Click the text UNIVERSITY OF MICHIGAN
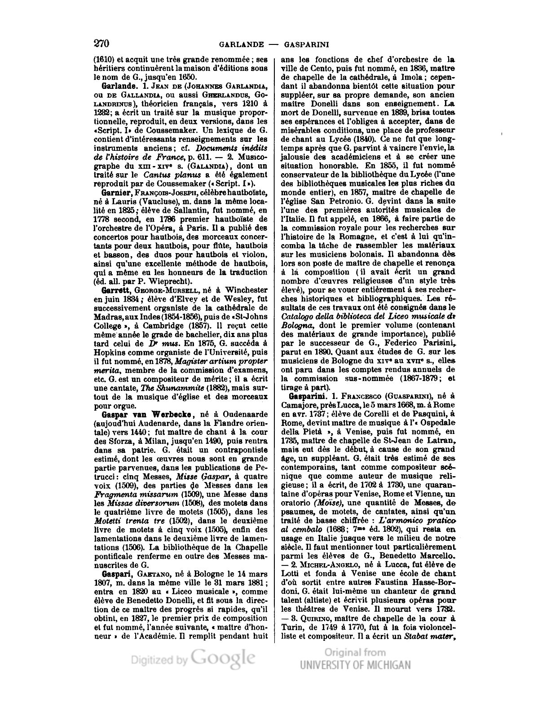point(355,665)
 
